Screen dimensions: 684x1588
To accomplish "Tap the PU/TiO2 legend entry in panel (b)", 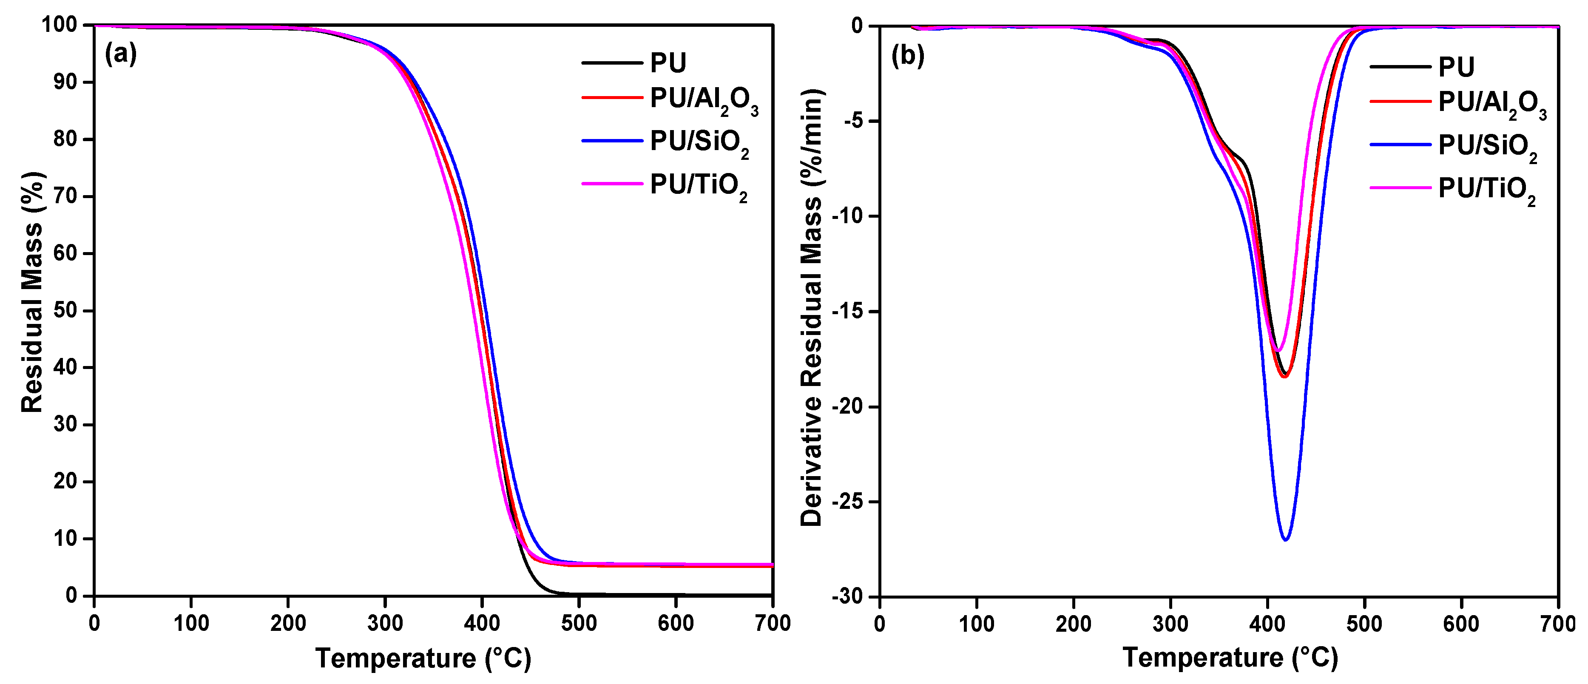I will click(x=1486, y=189).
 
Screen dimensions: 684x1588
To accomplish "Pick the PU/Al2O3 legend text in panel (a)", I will click(x=703, y=99).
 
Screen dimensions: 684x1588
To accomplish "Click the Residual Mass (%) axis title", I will click(x=32, y=292).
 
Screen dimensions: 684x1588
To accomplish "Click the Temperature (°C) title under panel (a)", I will click(x=423, y=658).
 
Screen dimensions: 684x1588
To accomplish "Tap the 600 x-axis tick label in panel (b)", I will click(x=1461, y=624).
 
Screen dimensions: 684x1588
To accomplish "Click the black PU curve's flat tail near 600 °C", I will click(x=676, y=594).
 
